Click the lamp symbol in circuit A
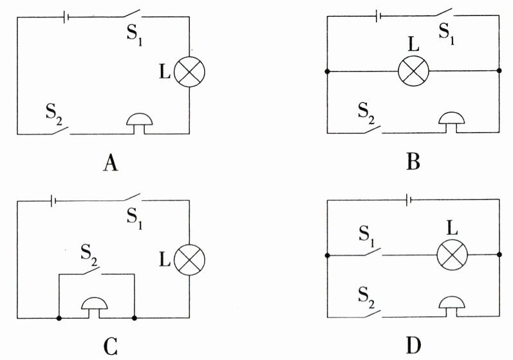point(189,71)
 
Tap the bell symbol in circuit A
point(140,124)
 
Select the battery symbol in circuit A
point(66,17)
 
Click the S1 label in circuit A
point(135,35)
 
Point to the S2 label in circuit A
point(54,115)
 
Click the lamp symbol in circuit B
point(413,71)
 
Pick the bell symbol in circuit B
point(451,123)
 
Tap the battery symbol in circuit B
point(378,15)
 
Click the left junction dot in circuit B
point(327,71)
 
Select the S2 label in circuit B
point(366,113)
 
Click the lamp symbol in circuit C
point(189,260)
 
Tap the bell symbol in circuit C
point(94,308)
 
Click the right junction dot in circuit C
point(134,317)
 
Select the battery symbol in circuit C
point(53,201)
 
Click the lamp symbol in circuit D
point(452,254)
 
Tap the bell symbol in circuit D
point(451,307)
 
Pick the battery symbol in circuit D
point(408,199)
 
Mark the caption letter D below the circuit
point(413,346)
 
